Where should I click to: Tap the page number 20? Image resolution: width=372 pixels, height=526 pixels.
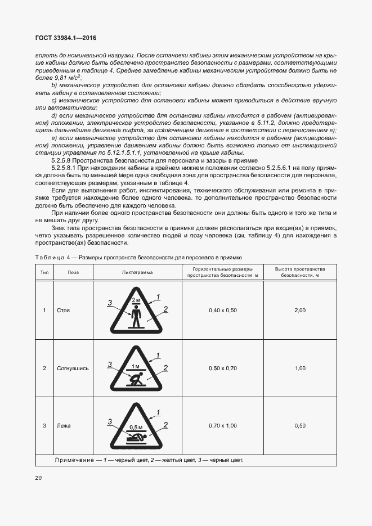(38, 478)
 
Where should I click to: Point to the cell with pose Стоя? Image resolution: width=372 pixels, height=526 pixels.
(64, 311)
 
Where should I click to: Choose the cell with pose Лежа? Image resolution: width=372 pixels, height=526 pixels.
(64, 426)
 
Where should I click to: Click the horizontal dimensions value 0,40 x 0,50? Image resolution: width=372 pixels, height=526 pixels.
(223, 311)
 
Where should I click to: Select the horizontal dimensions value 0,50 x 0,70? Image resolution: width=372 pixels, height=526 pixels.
(223, 368)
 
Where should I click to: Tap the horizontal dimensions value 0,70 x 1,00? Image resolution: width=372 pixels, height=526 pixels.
(223, 426)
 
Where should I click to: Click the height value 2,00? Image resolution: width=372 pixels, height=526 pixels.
(300, 311)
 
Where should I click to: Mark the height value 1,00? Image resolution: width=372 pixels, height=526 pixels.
(300, 368)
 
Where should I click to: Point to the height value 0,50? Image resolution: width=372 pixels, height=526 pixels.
(300, 426)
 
